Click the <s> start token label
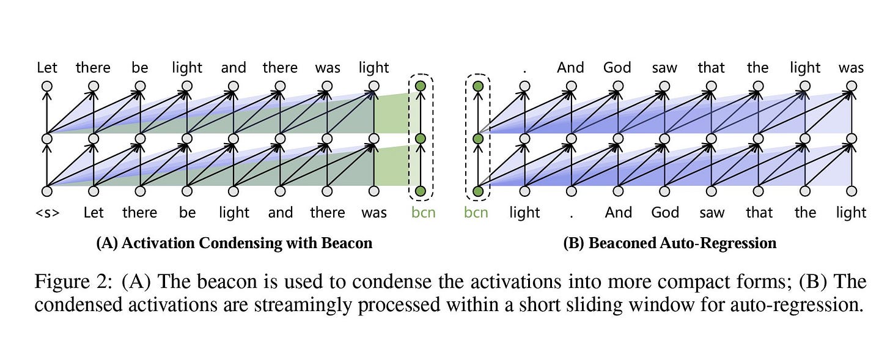(x=47, y=213)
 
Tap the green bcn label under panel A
(x=422, y=213)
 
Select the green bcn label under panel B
(x=476, y=213)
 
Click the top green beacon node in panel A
(x=420, y=86)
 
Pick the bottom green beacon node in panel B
(x=478, y=192)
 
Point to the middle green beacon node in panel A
(x=420, y=139)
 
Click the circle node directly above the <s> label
(x=47, y=192)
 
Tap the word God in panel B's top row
(x=617, y=68)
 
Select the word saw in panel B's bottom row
(x=712, y=213)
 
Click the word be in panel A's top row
(x=140, y=68)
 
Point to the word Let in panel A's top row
(x=47, y=68)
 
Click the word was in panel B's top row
(x=851, y=68)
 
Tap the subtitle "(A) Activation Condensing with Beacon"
(x=234, y=243)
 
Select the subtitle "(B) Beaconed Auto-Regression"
(x=669, y=243)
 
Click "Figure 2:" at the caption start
(x=74, y=282)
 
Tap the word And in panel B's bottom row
(x=618, y=213)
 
